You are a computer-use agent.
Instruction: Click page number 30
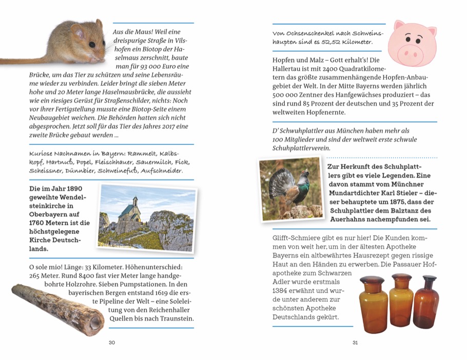[112, 343]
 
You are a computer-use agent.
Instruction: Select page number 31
[355, 343]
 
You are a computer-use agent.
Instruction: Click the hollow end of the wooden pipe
[95, 321]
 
